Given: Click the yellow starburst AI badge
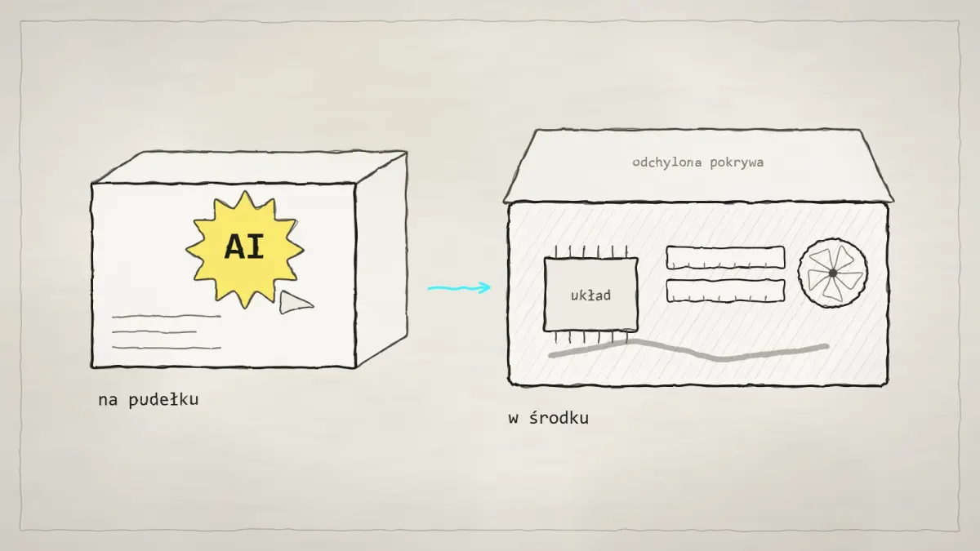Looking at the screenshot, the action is coord(245,249).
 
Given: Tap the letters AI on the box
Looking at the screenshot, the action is coord(244,247).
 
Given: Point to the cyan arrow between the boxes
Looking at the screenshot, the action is coord(459,287).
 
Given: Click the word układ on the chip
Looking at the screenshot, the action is coord(590,295).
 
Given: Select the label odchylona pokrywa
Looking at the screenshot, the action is coord(697,162).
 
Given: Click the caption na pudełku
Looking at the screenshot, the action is coord(149,400).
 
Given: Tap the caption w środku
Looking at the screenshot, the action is coord(548,418).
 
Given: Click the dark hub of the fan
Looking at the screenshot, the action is coord(832,273).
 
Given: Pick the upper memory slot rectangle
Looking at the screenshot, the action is coord(725,258).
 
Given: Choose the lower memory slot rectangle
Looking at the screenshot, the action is coord(725,291).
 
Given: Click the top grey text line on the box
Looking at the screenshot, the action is coord(167,316).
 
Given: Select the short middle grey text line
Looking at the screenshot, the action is coord(154,332).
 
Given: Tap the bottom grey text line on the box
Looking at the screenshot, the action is coord(167,348).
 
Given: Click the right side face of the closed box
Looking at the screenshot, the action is coord(381,260).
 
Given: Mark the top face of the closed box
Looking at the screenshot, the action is coord(249,167).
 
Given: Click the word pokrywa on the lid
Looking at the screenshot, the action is coord(737,163).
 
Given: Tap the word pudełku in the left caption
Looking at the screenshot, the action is coord(163,400).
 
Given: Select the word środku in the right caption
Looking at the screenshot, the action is coord(559,418).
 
